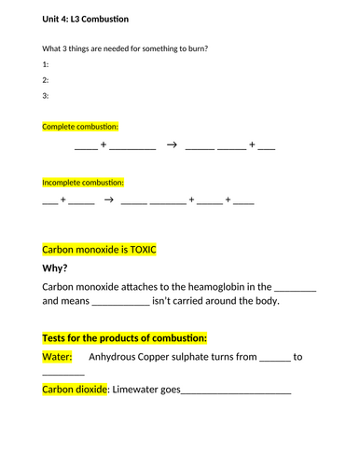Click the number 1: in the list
(x=46, y=64)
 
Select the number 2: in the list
(x=46, y=80)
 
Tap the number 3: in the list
(x=46, y=96)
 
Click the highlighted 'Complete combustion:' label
(x=80, y=126)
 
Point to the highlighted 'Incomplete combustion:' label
(x=83, y=183)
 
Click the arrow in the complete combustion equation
(x=171, y=145)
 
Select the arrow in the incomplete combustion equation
(x=108, y=200)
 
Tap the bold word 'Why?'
(x=55, y=268)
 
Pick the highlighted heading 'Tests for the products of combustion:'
(x=125, y=337)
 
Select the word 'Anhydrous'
(x=121, y=357)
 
